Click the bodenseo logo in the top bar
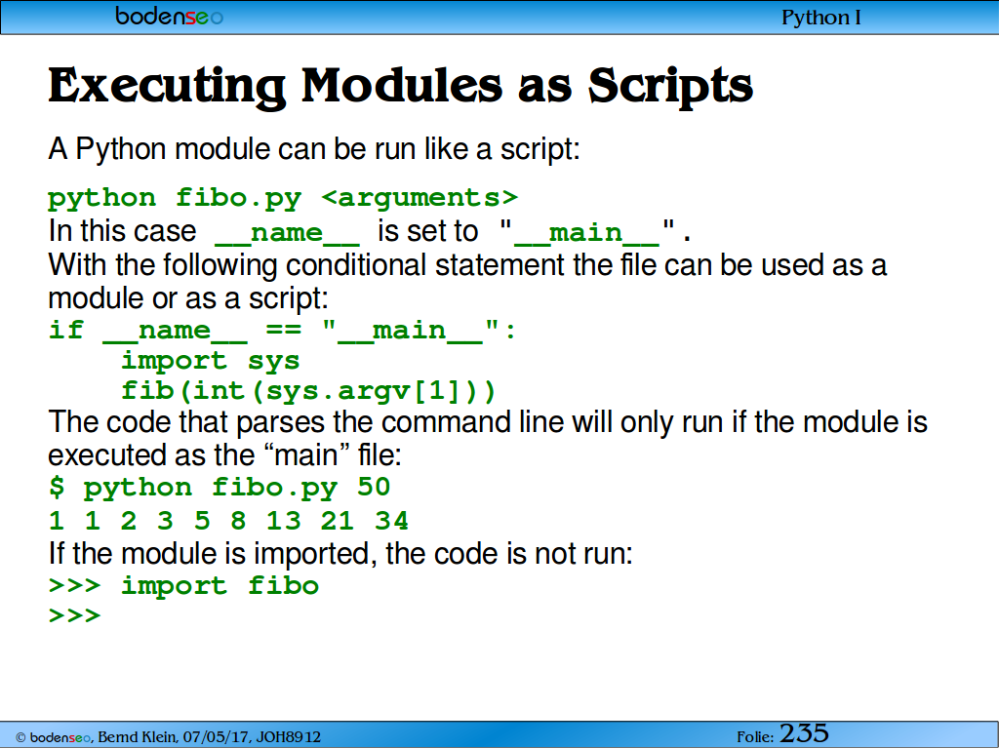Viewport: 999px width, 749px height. [169, 16]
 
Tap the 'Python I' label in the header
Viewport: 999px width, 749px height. [821, 18]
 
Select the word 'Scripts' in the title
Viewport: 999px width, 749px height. [670, 86]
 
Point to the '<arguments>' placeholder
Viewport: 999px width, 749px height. [420, 197]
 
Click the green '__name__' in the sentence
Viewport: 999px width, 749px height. [288, 232]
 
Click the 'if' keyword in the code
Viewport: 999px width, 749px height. [66, 330]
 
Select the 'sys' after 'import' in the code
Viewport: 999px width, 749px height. [273, 361]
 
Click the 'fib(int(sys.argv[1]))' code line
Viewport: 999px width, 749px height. [308, 391]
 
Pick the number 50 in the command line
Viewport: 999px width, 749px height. [374, 488]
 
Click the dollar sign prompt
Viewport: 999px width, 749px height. [57, 488]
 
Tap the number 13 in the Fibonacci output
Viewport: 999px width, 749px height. [284, 521]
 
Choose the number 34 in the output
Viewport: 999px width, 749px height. [391, 521]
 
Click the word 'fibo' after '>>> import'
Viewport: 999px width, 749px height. [284, 585]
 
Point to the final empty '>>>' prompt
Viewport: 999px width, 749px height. [74, 615]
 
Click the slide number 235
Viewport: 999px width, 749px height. [804, 733]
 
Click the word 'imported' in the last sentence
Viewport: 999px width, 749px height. [311, 553]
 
